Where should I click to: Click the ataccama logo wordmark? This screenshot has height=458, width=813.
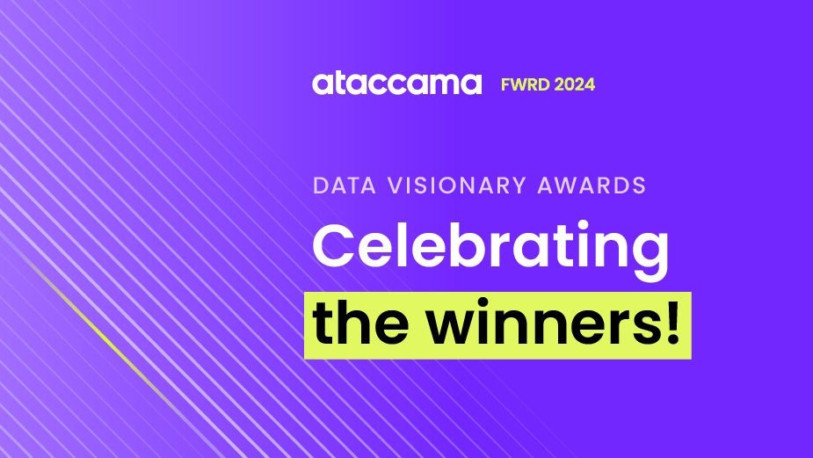click(396, 84)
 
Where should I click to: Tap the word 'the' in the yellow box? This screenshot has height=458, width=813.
click(358, 324)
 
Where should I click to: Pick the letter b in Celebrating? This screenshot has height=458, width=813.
click(468, 244)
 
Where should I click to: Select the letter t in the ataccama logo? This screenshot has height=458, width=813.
click(338, 84)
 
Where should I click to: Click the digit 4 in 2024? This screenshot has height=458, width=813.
click(590, 85)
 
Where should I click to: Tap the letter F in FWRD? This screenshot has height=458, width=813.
click(505, 85)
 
